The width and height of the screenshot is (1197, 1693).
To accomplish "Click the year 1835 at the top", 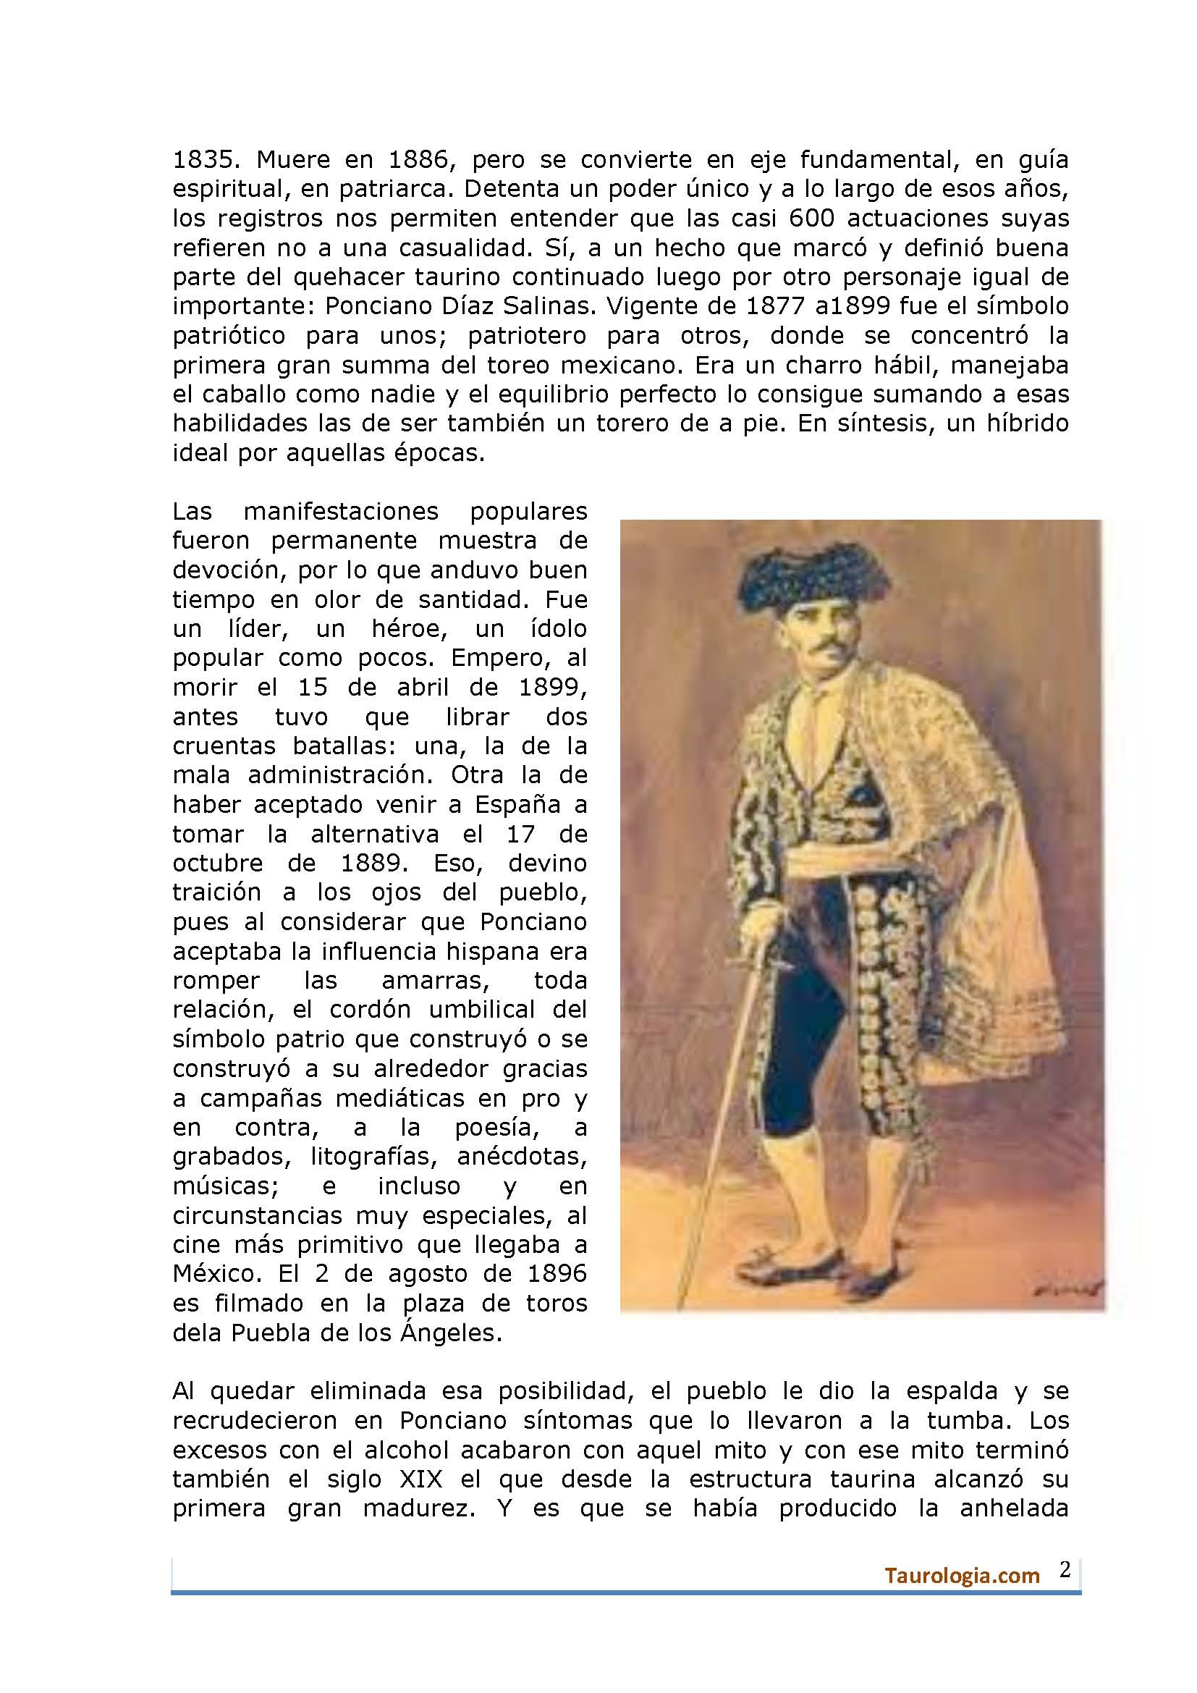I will click(x=203, y=160).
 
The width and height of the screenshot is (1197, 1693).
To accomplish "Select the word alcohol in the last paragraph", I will click(x=404, y=1451).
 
